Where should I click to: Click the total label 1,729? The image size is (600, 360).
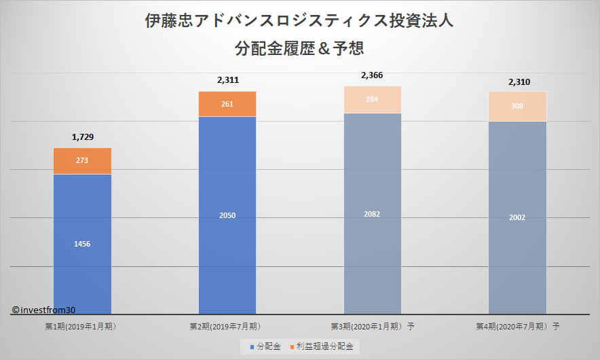(82, 137)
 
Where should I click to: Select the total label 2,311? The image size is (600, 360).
(227, 80)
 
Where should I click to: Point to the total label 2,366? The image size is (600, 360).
(372, 75)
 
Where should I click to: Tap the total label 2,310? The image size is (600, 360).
(519, 82)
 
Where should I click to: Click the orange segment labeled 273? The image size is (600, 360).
(82, 161)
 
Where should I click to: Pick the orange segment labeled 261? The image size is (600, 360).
(227, 104)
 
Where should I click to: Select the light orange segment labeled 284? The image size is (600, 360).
(372, 100)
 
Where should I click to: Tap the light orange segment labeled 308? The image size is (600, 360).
(518, 106)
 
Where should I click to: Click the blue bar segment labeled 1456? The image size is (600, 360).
(82, 244)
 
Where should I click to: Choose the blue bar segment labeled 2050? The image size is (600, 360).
(227, 215)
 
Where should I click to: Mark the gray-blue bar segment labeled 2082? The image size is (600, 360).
(372, 213)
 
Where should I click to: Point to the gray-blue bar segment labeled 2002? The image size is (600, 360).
(518, 217)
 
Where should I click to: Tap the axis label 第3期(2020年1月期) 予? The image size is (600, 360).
(373, 327)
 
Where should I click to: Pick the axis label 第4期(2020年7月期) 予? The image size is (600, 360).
(518, 327)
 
